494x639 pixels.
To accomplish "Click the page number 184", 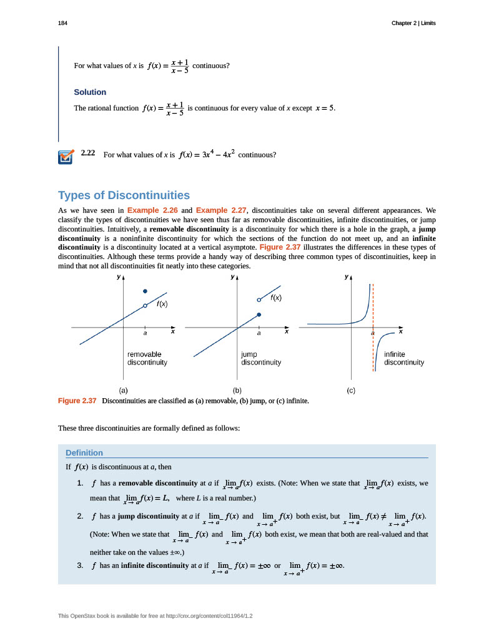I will coord(62,23).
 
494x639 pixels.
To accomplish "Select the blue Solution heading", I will coord(90,92).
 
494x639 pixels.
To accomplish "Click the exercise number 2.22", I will coord(87,153).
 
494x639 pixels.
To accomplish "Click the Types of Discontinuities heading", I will coord(124,195).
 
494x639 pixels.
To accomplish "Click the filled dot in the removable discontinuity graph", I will coord(145,291).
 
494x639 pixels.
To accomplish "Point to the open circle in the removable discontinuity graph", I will coord(145,305).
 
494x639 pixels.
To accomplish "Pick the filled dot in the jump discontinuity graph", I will coord(259,315).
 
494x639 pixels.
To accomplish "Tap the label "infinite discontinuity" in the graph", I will coord(403,358).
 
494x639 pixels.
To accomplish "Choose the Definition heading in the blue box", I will coord(84,452).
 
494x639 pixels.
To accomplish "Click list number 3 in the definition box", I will coord(80,565).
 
